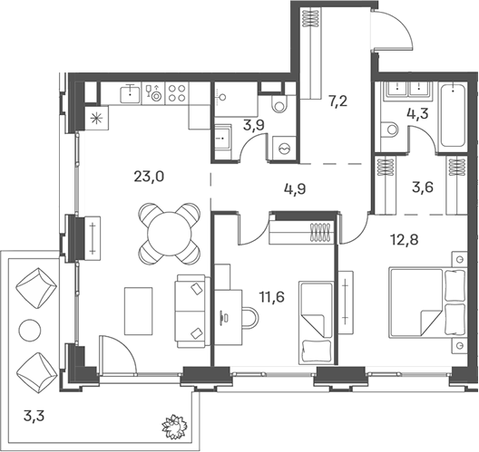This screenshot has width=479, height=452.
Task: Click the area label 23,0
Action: pos(147,178)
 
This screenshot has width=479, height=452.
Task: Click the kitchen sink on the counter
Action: pos(133,91)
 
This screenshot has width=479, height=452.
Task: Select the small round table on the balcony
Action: pos(31,330)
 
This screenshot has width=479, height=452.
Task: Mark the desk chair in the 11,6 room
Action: pos(247,316)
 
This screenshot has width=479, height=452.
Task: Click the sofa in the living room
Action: pos(193,308)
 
